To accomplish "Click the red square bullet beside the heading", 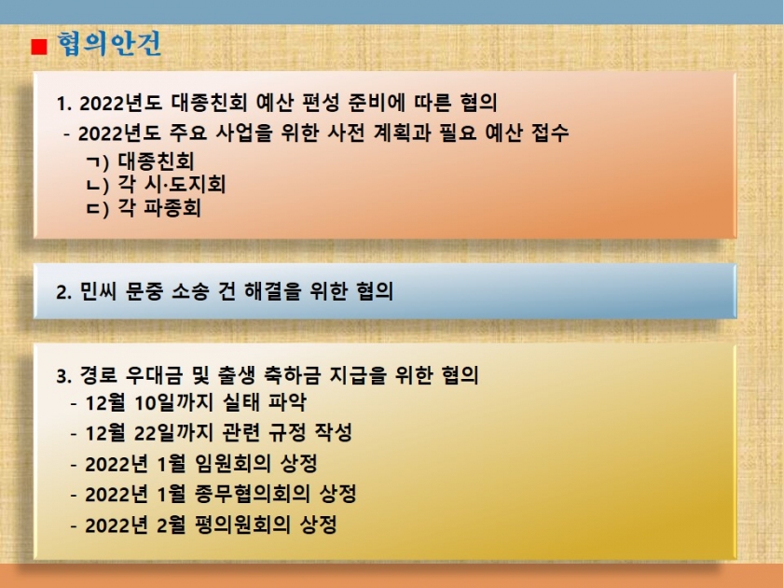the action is click(39, 47).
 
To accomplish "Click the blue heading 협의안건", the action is click(109, 44).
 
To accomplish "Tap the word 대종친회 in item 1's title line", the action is click(209, 103).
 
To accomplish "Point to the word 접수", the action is click(550, 133).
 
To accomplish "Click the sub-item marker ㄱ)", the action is click(97, 161).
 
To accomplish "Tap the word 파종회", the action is click(172, 208).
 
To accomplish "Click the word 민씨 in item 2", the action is click(98, 291).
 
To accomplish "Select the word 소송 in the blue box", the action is click(190, 291).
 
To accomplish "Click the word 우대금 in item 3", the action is click(154, 375).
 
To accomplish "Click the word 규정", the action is click(287, 432).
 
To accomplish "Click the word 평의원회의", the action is click(242, 525).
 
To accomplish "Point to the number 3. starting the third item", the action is click(64, 376).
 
